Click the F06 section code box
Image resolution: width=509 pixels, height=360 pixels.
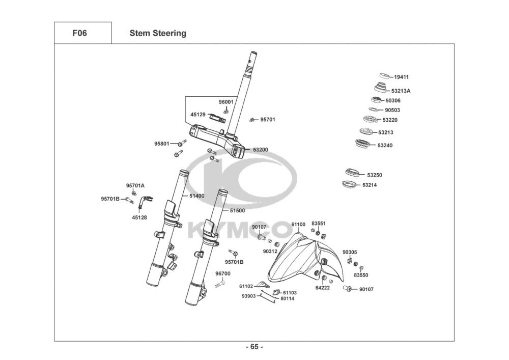83,33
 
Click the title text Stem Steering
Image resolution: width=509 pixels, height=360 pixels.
158,33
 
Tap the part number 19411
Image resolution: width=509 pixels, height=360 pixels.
401,77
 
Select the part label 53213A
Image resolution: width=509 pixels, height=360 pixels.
401,91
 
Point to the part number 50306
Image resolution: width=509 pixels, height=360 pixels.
393,101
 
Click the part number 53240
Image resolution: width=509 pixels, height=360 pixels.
385,146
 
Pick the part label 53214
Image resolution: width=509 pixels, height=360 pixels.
370,185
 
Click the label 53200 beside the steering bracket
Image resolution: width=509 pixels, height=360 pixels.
260,150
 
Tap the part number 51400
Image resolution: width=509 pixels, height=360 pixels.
196,196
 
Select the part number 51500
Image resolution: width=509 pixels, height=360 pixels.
237,211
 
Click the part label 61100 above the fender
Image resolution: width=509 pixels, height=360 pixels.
298,225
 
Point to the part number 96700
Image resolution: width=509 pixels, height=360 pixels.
223,273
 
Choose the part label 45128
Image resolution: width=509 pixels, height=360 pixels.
139,217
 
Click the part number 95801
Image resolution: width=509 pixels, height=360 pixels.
162,144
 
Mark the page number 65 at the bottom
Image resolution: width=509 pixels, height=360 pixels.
254,347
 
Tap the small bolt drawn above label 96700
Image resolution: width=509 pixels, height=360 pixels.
220,284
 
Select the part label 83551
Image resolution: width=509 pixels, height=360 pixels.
319,224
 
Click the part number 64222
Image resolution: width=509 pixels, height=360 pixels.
322,288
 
